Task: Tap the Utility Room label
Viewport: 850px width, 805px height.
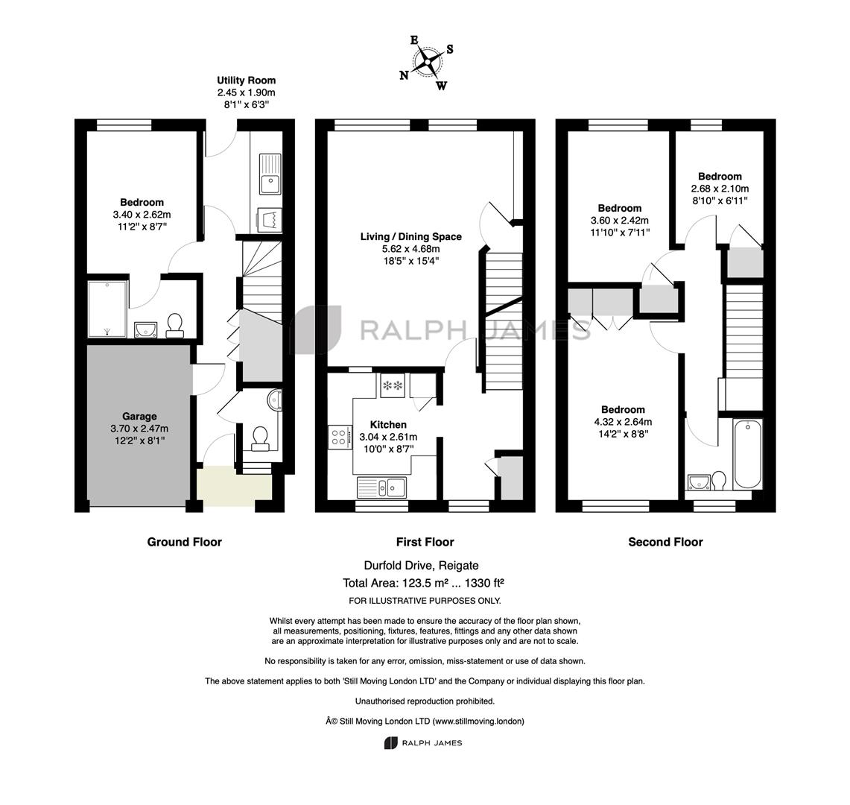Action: (x=247, y=80)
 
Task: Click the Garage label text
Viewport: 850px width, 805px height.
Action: (x=139, y=416)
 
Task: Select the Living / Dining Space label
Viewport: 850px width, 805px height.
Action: (x=411, y=236)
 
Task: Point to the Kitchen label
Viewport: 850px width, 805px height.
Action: (x=388, y=425)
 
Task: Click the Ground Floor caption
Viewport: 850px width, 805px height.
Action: (x=184, y=542)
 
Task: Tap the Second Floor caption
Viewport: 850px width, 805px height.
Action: (x=665, y=542)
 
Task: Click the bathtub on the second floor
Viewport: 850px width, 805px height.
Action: (x=747, y=453)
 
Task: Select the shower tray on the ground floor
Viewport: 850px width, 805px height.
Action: (x=108, y=309)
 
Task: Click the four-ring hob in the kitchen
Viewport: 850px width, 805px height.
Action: (x=340, y=438)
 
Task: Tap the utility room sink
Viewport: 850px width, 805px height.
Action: (x=270, y=174)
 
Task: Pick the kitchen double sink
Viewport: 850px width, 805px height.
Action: (x=381, y=487)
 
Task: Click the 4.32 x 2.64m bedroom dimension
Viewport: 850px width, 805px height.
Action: (x=623, y=421)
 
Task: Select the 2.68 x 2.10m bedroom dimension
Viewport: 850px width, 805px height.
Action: (x=720, y=189)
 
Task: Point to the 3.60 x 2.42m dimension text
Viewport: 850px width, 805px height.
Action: (x=620, y=220)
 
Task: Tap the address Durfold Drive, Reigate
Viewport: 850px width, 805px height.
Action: (x=421, y=565)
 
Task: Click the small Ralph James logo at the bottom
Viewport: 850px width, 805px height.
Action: (x=423, y=742)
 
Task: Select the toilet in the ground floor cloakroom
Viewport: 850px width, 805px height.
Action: (x=260, y=438)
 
